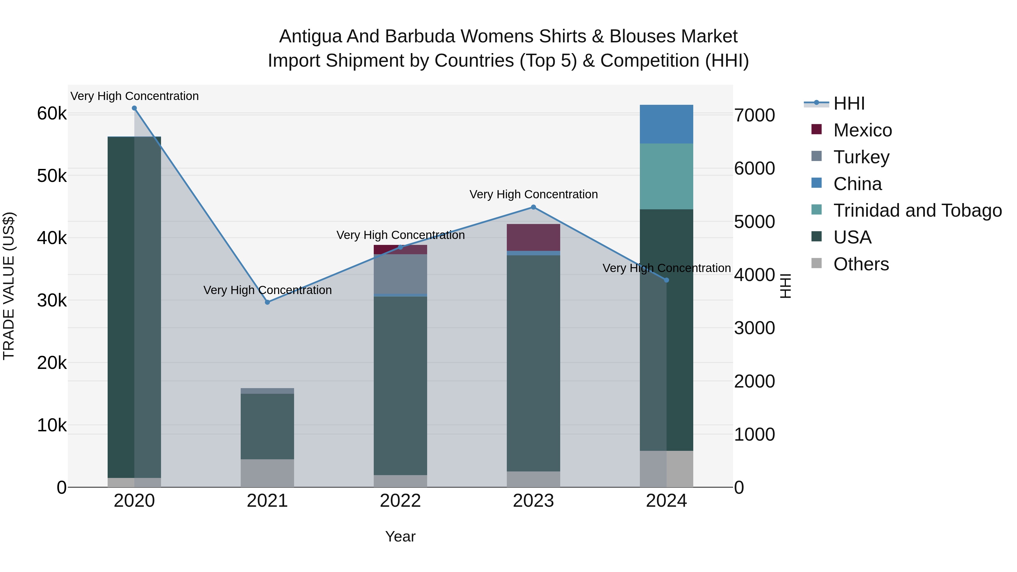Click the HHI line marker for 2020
(x=134, y=108)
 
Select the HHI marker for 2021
(x=267, y=302)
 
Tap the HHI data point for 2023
(x=533, y=207)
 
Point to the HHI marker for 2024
(x=666, y=280)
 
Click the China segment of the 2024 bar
(x=666, y=124)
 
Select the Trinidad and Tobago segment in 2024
(x=666, y=177)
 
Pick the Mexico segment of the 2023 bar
(x=533, y=237)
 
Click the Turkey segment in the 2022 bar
(x=400, y=274)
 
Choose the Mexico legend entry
(x=863, y=130)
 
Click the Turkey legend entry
(x=861, y=157)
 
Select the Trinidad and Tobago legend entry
(x=917, y=210)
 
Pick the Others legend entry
(x=861, y=264)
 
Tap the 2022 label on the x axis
(x=400, y=501)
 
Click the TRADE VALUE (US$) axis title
(x=9, y=286)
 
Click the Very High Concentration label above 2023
(x=533, y=195)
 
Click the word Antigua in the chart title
(x=310, y=36)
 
